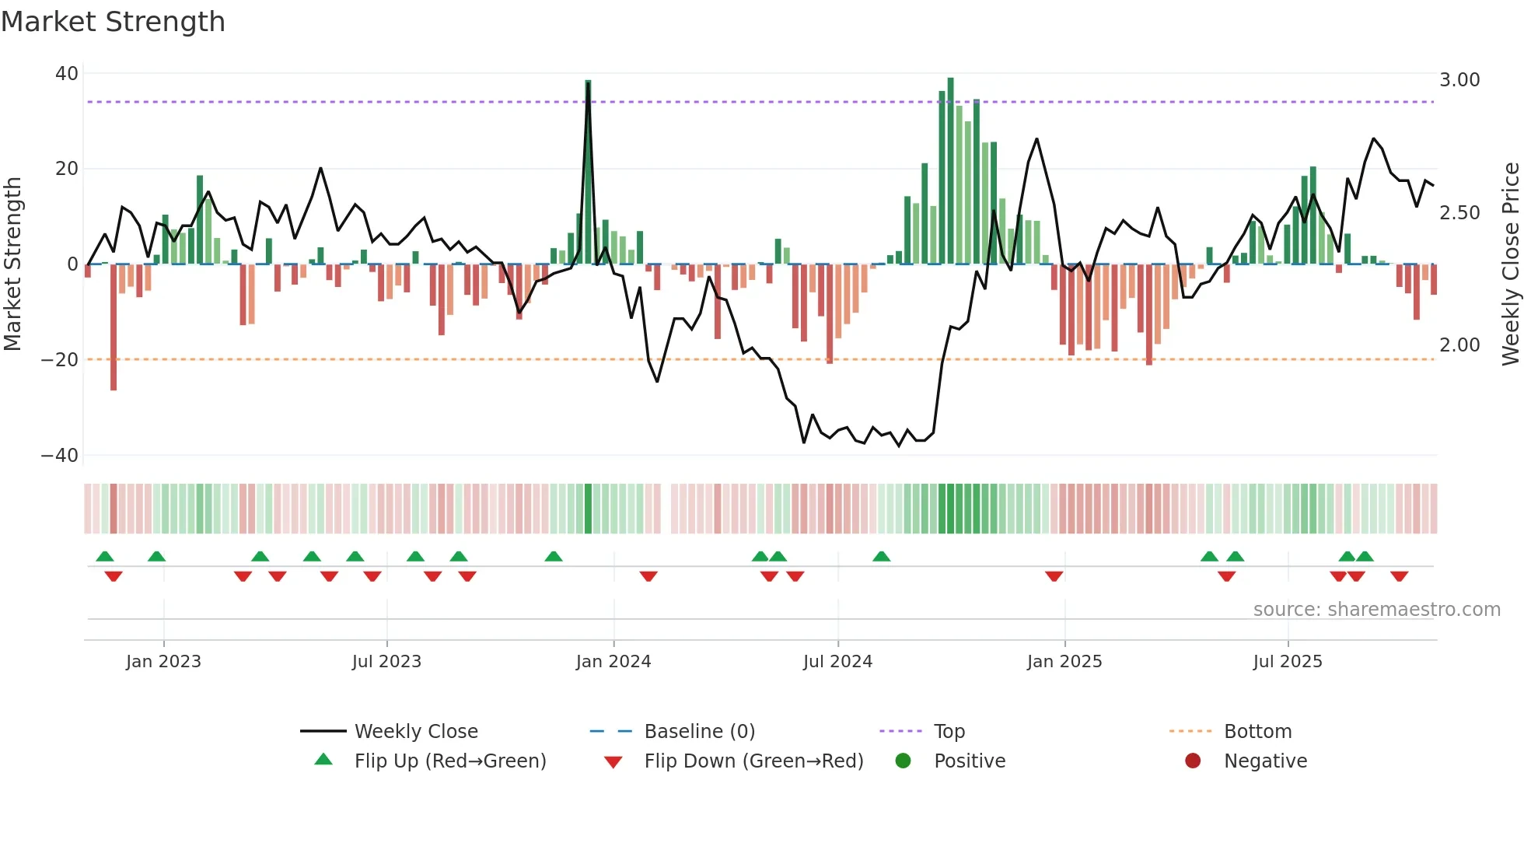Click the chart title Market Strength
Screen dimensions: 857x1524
coord(113,22)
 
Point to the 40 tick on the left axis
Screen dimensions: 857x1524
coord(67,74)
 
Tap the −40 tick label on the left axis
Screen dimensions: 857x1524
coord(60,456)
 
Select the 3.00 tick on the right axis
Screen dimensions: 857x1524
coord(1459,80)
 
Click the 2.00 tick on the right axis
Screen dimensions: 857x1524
coord(1459,345)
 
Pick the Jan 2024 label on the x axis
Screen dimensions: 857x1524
coord(613,662)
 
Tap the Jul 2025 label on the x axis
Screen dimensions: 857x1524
coord(1288,662)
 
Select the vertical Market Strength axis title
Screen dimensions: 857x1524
coord(13,264)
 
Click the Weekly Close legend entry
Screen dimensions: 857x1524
coord(416,732)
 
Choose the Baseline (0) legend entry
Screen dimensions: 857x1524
coord(699,732)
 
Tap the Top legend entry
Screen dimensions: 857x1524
coord(949,732)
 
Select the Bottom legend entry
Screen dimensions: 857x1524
coord(1257,732)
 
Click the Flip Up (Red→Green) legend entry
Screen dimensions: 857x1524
coord(450,761)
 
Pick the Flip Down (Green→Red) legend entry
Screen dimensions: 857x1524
coord(753,761)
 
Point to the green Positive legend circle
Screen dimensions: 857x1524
coord(903,761)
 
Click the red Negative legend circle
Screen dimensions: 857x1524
coord(1193,761)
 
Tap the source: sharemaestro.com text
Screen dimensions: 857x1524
coord(1376,610)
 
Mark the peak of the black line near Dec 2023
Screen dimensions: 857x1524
coord(589,84)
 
